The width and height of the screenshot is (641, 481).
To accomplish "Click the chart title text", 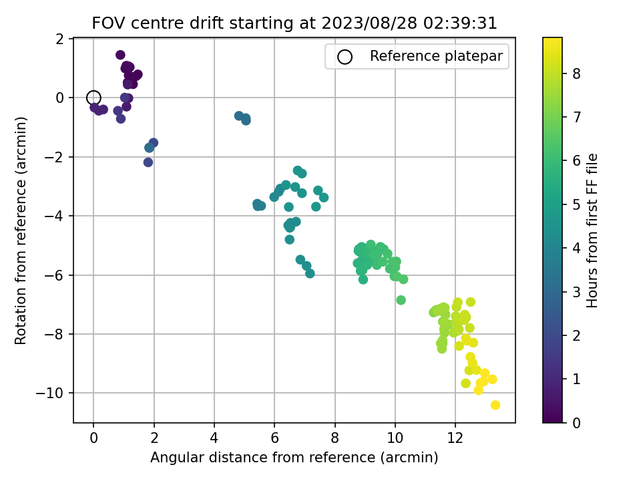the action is pyautogui.click(x=294, y=23).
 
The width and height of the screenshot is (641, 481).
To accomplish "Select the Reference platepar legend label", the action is pyautogui.click(x=436, y=56).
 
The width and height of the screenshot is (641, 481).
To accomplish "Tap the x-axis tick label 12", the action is pyautogui.click(x=455, y=438).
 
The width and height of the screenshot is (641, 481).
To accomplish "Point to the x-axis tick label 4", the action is pyautogui.click(x=214, y=438).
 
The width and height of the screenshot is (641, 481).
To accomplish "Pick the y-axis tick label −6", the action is pyautogui.click(x=54, y=275).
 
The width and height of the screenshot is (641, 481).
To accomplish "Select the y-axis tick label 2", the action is pyautogui.click(x=60, y=39).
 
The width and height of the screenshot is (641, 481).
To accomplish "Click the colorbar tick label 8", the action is pyautogui.click(x=576, y=73).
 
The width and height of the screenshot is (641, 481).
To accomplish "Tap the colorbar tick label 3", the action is pyautogui.click(x=576, y=292).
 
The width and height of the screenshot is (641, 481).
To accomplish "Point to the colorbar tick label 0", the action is pyautogui.click(x=576, y=423).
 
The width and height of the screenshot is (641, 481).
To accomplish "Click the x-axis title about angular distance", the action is pyautogui.click(x=294, y=457).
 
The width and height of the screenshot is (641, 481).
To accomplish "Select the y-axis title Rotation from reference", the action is pyautogui.click(x=21, y=230).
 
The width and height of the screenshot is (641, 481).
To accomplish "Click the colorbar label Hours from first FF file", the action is pyautogui.click(x=592, y=230).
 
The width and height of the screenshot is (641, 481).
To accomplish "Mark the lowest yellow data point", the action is pyautogui.click(x=495, y=406).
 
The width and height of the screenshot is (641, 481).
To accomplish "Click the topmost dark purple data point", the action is pyautogui.click(x=120, y=55).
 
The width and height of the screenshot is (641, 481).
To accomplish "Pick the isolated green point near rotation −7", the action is pyautogui.click(x=401, y=300).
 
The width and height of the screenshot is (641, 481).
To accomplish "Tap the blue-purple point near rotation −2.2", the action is pyautogui.click(x=148, y=162).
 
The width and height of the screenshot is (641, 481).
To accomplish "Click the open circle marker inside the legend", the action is pyautogui.click(x=345, y=57).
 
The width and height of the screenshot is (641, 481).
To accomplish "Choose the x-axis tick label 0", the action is pyautogui.click(x=93, y=438).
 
